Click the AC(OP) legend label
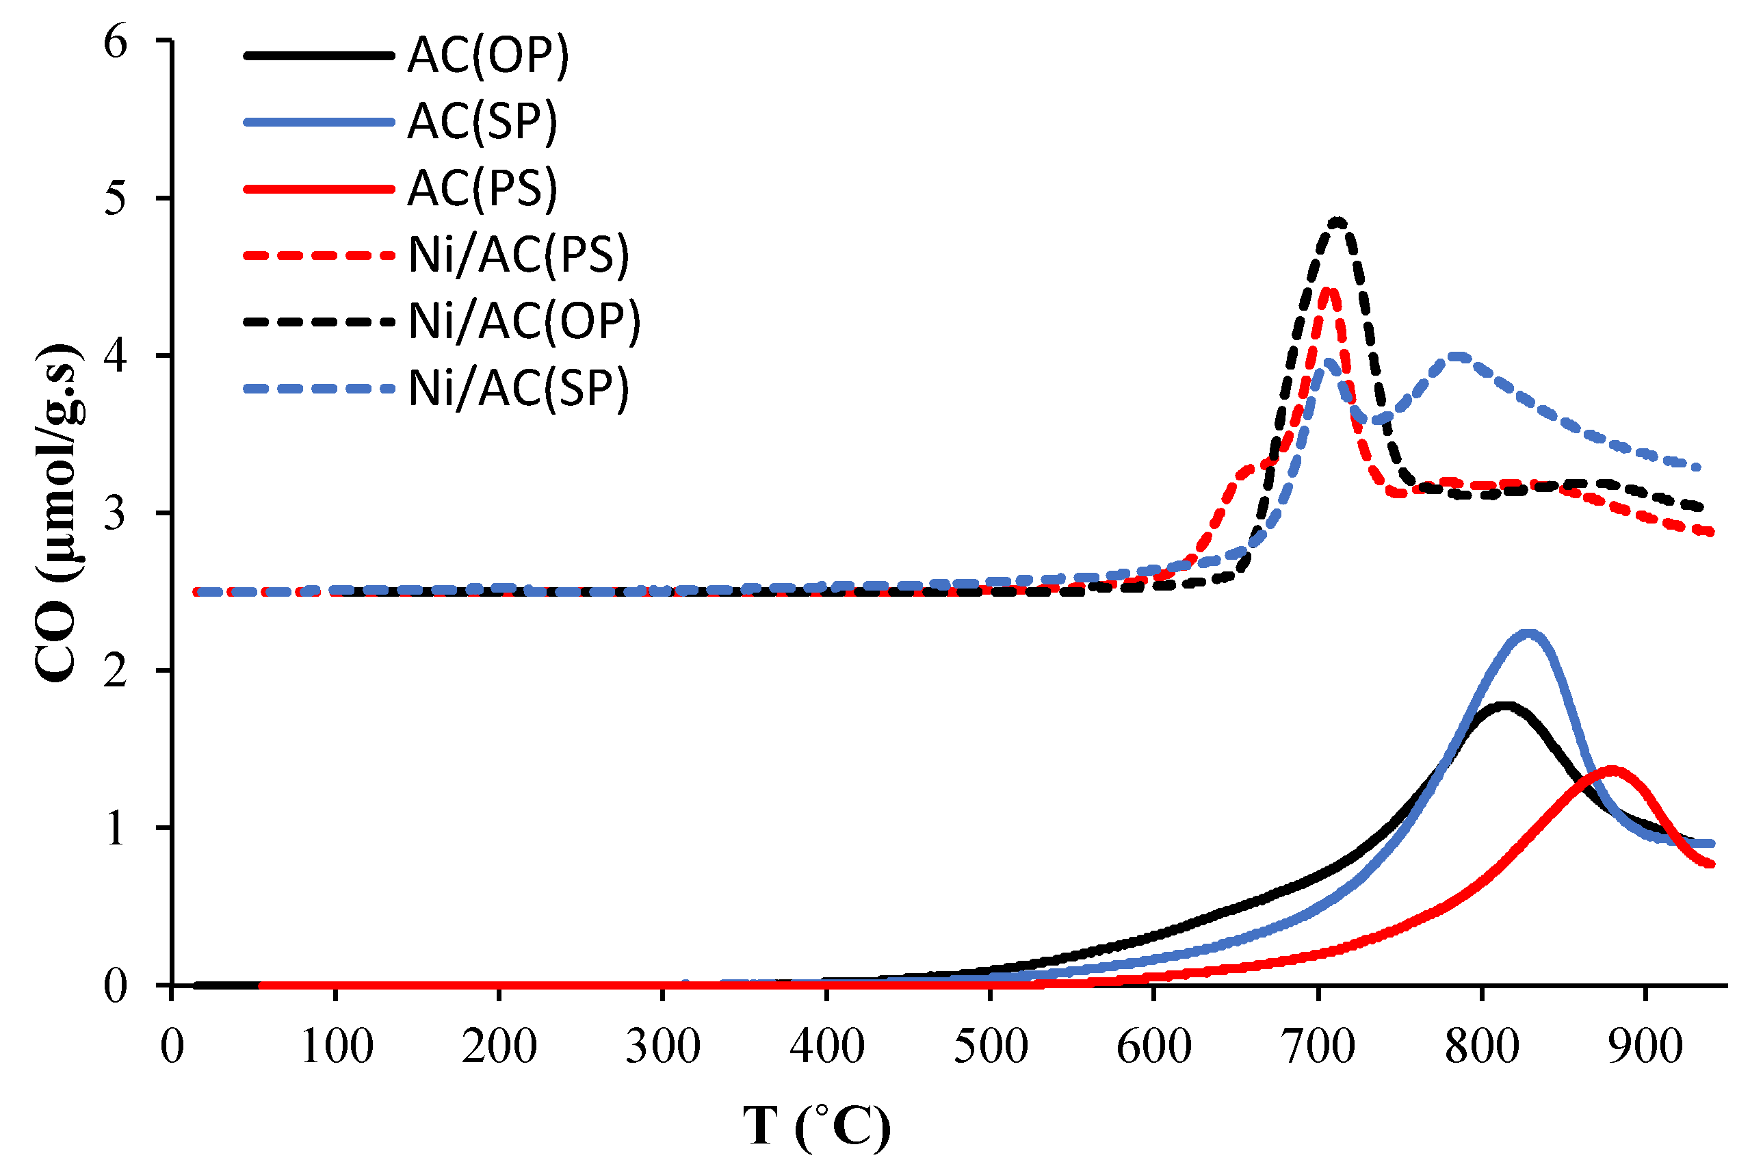[x=488, y=55]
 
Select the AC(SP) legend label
[x=482, y=121]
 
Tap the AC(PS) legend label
[x=482, y=188]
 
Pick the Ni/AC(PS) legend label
[x=519, y=255]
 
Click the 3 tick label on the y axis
[x=116, y=513]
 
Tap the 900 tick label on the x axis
[x=1645, y=1046]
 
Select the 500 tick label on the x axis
[x=991, y=1046]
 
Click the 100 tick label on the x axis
[x=337, y=1046]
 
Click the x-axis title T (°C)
[x=817, y=1126]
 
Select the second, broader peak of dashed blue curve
[x=1457, y=356]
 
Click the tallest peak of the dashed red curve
[x=1327, y=290]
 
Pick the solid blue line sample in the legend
[x=318, y=121]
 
